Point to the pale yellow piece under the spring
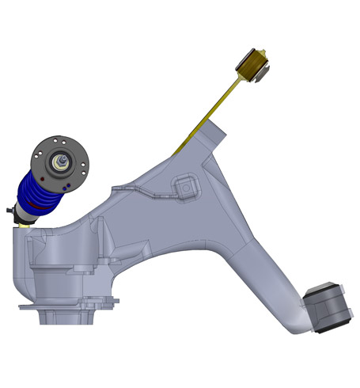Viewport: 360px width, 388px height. (x=24, y=224)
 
